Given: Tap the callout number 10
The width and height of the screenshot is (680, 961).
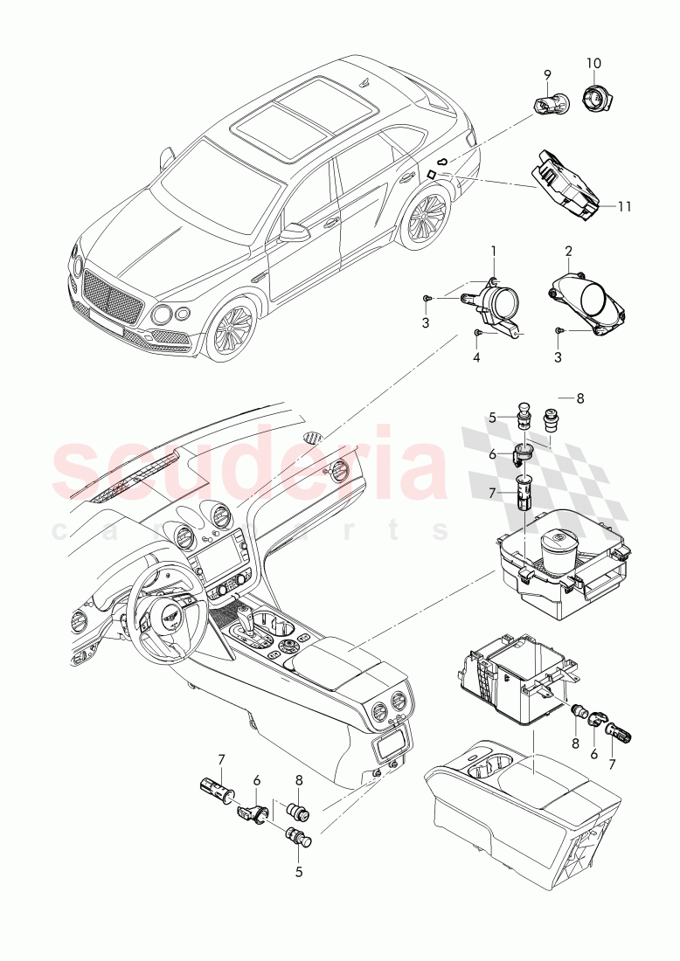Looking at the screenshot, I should coord(593,64).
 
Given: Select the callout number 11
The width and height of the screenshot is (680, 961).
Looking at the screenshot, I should coord(623,206).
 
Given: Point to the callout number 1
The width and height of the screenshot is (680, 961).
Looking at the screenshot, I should coord(493,252).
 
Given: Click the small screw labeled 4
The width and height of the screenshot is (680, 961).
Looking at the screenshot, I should coord(477,333).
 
